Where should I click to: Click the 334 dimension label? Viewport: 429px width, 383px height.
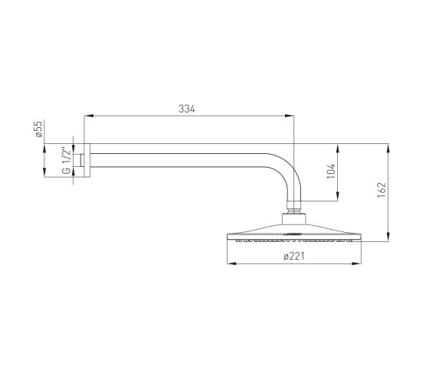pos(187,109)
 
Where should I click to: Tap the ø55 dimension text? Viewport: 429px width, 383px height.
pos(38,129)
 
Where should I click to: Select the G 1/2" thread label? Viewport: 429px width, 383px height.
pos(67,161)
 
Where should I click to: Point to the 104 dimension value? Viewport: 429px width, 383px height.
pos(331,172)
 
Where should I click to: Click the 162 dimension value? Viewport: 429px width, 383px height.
pos(382,190)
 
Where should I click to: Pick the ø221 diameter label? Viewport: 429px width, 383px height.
pos(294,257)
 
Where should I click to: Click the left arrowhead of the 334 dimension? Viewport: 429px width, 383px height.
pos(89,116)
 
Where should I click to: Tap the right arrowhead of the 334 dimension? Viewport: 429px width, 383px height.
pos(290,116)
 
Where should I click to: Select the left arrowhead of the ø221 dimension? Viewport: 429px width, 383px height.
pos(231,264)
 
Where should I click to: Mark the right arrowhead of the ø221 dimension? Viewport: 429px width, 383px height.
pos(356,264)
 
